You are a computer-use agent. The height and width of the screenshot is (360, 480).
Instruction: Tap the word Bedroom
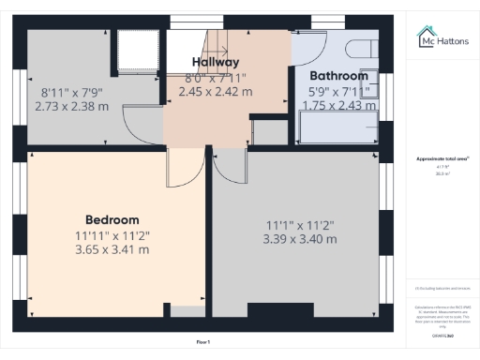coord(112,219)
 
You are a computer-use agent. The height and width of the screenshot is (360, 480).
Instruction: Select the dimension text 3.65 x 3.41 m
coord(112,249)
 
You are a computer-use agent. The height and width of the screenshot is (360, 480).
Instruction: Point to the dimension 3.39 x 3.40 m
coord(299,240)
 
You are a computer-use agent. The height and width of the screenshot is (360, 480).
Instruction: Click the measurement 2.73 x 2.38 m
coord(71,106)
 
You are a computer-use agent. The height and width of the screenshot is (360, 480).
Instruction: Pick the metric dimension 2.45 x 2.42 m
coord(216,92)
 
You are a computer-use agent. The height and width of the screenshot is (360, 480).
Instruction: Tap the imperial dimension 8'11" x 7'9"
coord(71,93)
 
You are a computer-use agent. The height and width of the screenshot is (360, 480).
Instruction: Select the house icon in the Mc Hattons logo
coord(425,36)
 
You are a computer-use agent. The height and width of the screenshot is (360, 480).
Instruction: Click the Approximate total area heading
coord(442,159)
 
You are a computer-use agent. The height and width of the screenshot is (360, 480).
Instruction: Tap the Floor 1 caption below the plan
coord(202,343)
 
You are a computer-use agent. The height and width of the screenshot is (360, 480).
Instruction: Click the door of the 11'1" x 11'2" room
coord(230,167)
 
